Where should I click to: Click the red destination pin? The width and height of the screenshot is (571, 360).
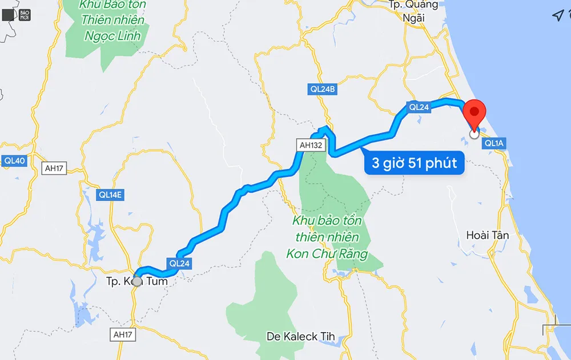[x=474, y=111]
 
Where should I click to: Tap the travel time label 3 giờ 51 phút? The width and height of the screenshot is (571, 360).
[x=415, y=164]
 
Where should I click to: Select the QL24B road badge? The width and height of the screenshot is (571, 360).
[x=323, y=89]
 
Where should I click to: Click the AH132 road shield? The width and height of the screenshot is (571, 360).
[x=311, y=145]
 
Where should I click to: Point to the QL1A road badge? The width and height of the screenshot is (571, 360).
[x=494, y=144]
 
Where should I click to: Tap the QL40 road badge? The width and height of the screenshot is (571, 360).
[x=14, y=161]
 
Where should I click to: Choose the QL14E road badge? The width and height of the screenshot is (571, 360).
[x=110, y=195]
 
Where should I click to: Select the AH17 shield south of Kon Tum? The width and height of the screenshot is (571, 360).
[x=123, y=334]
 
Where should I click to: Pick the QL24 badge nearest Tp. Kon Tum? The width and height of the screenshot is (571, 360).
[x=179, y=264]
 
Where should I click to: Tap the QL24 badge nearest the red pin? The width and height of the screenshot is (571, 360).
[x=419, y=107]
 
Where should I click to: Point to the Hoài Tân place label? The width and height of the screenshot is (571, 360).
[x=487, y=235]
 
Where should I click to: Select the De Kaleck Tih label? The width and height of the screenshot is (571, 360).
[x=300, y=337]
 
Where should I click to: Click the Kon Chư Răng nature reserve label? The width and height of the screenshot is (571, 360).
[x=327, y=237]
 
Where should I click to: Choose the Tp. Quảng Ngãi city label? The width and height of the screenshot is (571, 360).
[x=413, y=11]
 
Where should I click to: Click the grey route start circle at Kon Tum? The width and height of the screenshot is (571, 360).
[x=137, y=281]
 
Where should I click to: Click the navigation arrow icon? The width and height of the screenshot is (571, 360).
[x=558, y=15]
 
